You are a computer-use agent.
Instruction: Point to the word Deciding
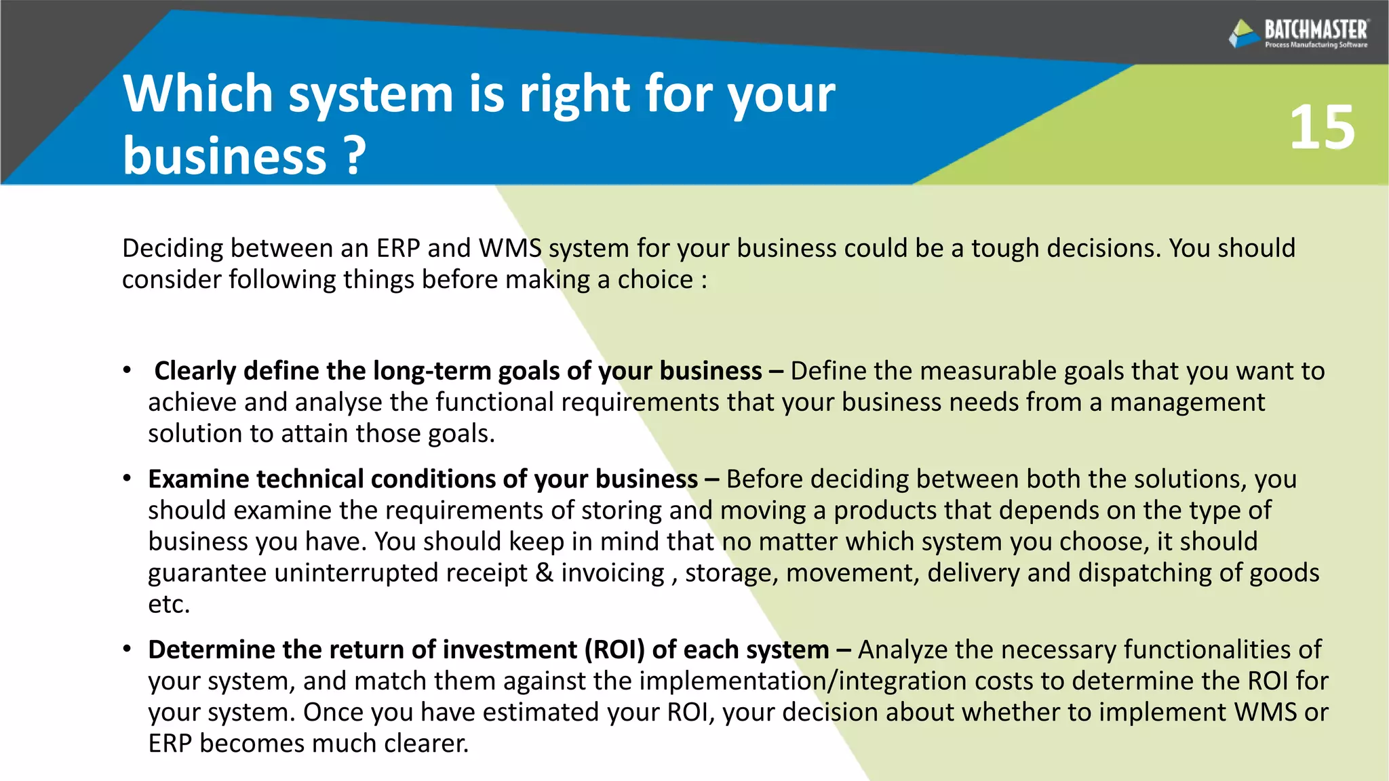tap(172, 249)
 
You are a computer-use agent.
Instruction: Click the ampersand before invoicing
tap(544, 573)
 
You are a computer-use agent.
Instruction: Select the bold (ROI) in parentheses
tap(614, 649)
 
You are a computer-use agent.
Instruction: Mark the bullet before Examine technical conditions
tap(127, 478)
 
